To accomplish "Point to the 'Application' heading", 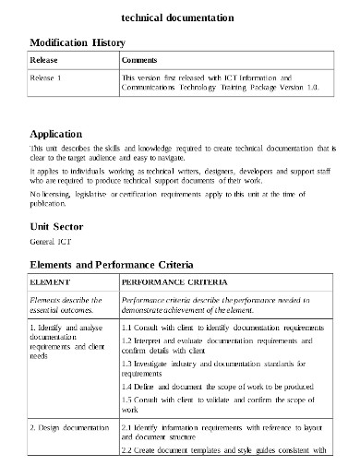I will pos(62,133).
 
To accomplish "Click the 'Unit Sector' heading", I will pos(56,226).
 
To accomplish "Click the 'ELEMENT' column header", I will pos(51,281).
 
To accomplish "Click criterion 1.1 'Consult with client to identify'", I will pos(212,327).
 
